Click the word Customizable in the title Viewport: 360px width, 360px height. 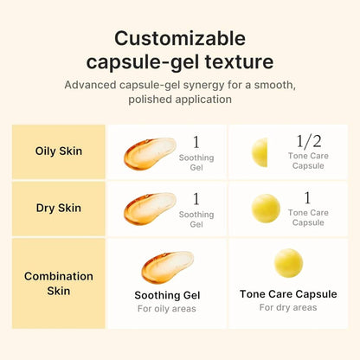[180, 39]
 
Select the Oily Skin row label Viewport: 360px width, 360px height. [59, 151]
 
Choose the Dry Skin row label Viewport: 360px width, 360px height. [59, 208]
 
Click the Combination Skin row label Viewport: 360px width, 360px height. [59, 283]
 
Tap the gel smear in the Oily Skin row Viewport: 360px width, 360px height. [150, 152]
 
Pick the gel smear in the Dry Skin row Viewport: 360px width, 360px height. [150, 209]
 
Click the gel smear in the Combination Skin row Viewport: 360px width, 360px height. [167, 267]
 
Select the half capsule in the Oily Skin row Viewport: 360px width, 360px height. [260, 152]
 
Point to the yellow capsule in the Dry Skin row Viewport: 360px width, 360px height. [266, 209]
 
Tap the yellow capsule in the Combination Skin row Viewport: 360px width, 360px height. [288, 263]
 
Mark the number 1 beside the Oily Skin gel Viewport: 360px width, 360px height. [196, 141]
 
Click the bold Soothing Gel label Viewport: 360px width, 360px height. [167, 294]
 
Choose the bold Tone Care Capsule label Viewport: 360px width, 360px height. [288, 294]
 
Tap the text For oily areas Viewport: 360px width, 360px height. [167, 309]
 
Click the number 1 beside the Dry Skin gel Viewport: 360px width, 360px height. [196, 198]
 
